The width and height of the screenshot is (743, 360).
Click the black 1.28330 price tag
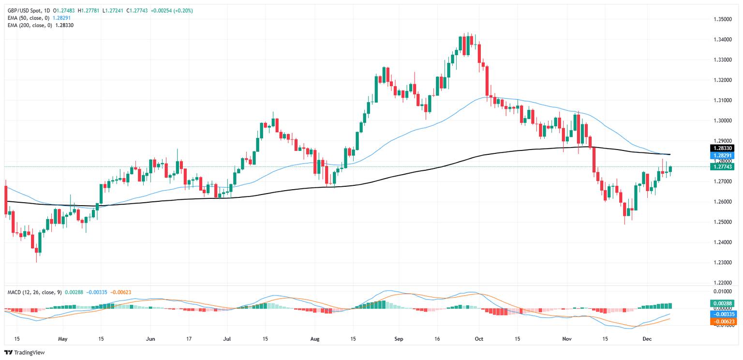tap(722, 148)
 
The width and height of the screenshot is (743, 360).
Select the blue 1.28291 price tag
tap(722, 156)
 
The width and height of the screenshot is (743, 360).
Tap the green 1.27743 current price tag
tap(722, 166)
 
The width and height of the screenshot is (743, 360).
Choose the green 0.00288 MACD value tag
tap(722, 303)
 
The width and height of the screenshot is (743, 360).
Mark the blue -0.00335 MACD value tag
tap(722, 314)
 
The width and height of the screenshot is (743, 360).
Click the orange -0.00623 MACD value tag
tap(722, 321)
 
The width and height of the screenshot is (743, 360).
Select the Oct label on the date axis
tap(479, 338)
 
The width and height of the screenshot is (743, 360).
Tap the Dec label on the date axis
tap(647, 338)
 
